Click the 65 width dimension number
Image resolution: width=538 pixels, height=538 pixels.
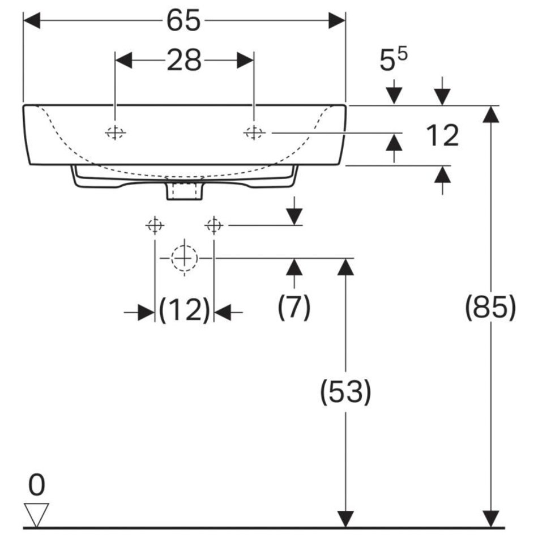(x=183, y=20)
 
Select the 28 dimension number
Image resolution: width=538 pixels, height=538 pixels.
(x=184, y=60)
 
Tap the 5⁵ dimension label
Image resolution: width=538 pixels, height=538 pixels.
(x=393, y=59)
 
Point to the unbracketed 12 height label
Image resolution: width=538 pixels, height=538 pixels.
(x=442, y=135)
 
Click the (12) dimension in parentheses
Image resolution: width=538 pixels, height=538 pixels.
(x=184, y=310)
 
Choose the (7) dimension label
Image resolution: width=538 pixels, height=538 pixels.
(x=294, y=306)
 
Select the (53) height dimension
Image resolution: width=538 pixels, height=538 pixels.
(x=345, y=391)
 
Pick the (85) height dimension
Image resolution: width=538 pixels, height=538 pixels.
(x=490, y=306)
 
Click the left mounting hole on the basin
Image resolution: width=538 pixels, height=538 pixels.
(x=116, y=133)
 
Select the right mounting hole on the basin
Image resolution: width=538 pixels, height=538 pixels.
(x=254, y=133)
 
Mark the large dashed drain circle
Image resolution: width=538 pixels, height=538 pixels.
(x=184, y=258)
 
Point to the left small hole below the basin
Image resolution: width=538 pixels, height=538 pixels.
(x=155, y=225)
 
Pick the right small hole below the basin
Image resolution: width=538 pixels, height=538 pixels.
(x=214, y=225)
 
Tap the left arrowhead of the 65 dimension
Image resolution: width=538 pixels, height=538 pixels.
(x=32, y=20)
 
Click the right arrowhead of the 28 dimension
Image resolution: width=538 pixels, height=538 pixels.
(x=245, y=60)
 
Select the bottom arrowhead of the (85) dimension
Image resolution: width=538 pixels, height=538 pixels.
(x=490, y=518)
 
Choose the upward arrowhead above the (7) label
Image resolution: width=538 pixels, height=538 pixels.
(x=294, y=267)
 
